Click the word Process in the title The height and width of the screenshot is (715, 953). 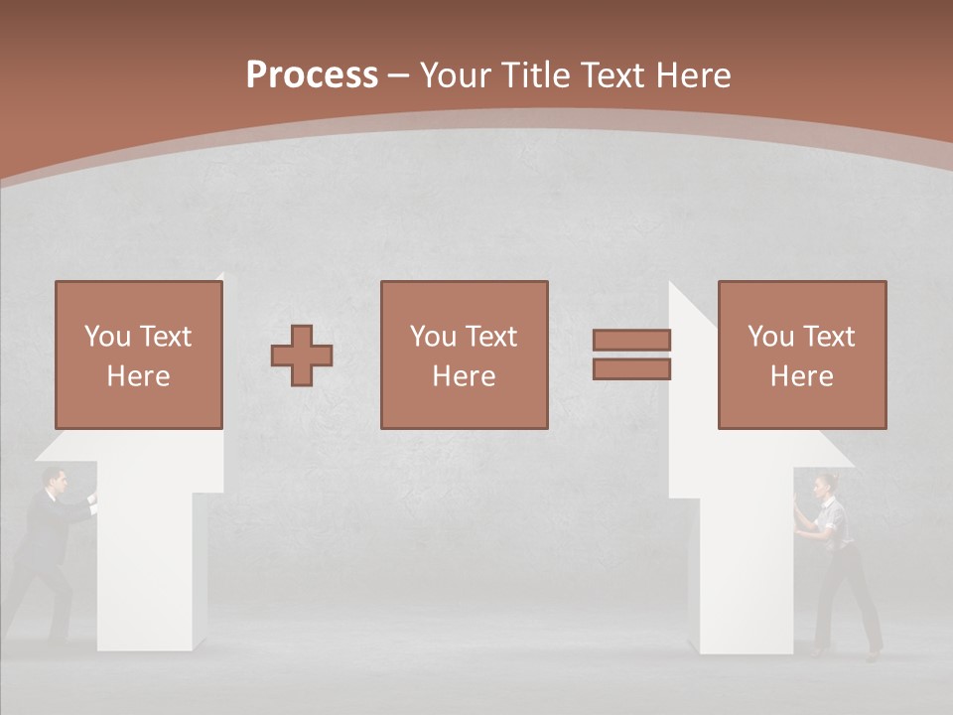pyautogui.click(x=312, y=75)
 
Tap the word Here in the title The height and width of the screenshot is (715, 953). pyautogui.click(x=691, y=75)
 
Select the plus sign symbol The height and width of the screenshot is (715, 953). pyautogui.click(x=302, y=356)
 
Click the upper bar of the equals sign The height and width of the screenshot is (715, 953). pyautogui.click(x=631, y=340)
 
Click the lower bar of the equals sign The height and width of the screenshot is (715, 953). pyautogui.click(x=631, y=369)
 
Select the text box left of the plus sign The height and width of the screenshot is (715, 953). pyautogui.click(x=139, y=355)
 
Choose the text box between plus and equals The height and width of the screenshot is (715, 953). pyautogui.click(x=465, y=355)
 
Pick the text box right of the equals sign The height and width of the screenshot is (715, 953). pyautogui.click(x=802, y=355)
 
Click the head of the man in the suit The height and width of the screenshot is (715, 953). pyautogui.click(x=57, y=483)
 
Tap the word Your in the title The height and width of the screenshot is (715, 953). pyautogui.click(x=454, y=75)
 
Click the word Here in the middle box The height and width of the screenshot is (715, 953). pyautogui.click(x=465, y=376)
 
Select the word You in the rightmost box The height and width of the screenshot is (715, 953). pyautogui.click(x=770, y=337)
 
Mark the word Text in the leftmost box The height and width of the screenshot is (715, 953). pyautogui.click(x=165, y=337)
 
